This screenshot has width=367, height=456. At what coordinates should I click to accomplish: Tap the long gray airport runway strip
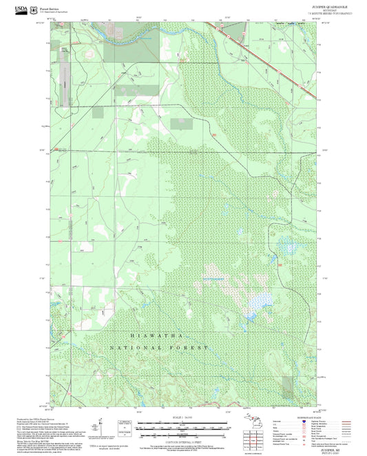pyautogui.click(x=66, y=79)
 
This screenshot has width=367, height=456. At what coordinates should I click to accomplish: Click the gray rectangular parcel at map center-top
pyautogui.click(x=182, y=124)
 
